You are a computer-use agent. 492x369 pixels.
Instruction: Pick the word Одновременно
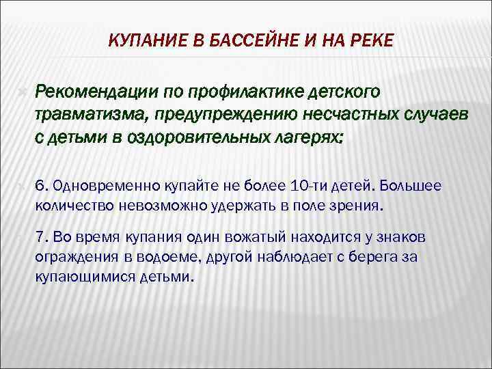[96, 186]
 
